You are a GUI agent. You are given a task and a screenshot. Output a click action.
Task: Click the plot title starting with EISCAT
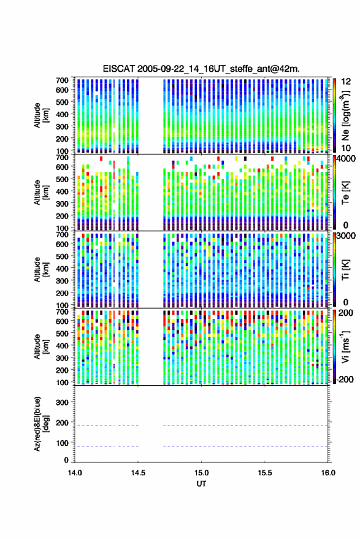201,69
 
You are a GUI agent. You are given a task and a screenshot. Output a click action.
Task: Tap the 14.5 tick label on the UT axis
138,473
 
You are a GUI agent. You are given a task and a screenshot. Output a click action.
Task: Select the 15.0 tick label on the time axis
202,473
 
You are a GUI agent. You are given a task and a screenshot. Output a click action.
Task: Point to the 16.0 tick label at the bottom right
328,473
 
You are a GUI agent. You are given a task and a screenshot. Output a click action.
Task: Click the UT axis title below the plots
202,484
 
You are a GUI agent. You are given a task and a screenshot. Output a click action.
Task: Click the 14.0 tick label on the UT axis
75,473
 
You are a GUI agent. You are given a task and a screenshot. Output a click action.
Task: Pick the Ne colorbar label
345,115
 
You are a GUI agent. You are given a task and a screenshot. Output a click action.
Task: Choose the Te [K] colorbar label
345,193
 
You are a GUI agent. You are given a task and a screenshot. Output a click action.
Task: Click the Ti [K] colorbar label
345,270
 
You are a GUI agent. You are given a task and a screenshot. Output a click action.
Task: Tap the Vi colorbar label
345,346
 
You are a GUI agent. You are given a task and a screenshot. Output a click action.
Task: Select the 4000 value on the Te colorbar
346,159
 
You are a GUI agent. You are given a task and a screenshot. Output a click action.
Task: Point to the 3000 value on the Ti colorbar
346,236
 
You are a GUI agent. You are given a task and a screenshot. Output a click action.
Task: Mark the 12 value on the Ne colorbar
346,82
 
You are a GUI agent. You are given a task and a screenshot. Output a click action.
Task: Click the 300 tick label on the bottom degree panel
62,402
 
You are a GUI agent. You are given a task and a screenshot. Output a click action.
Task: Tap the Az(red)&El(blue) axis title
41,424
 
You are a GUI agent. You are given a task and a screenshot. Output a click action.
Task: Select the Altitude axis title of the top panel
41,115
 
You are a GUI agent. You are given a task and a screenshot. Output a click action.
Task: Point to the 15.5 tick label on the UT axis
265,473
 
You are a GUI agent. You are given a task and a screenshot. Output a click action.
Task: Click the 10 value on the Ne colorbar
346,148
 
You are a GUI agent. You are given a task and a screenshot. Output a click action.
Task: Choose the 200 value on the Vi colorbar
346,313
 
